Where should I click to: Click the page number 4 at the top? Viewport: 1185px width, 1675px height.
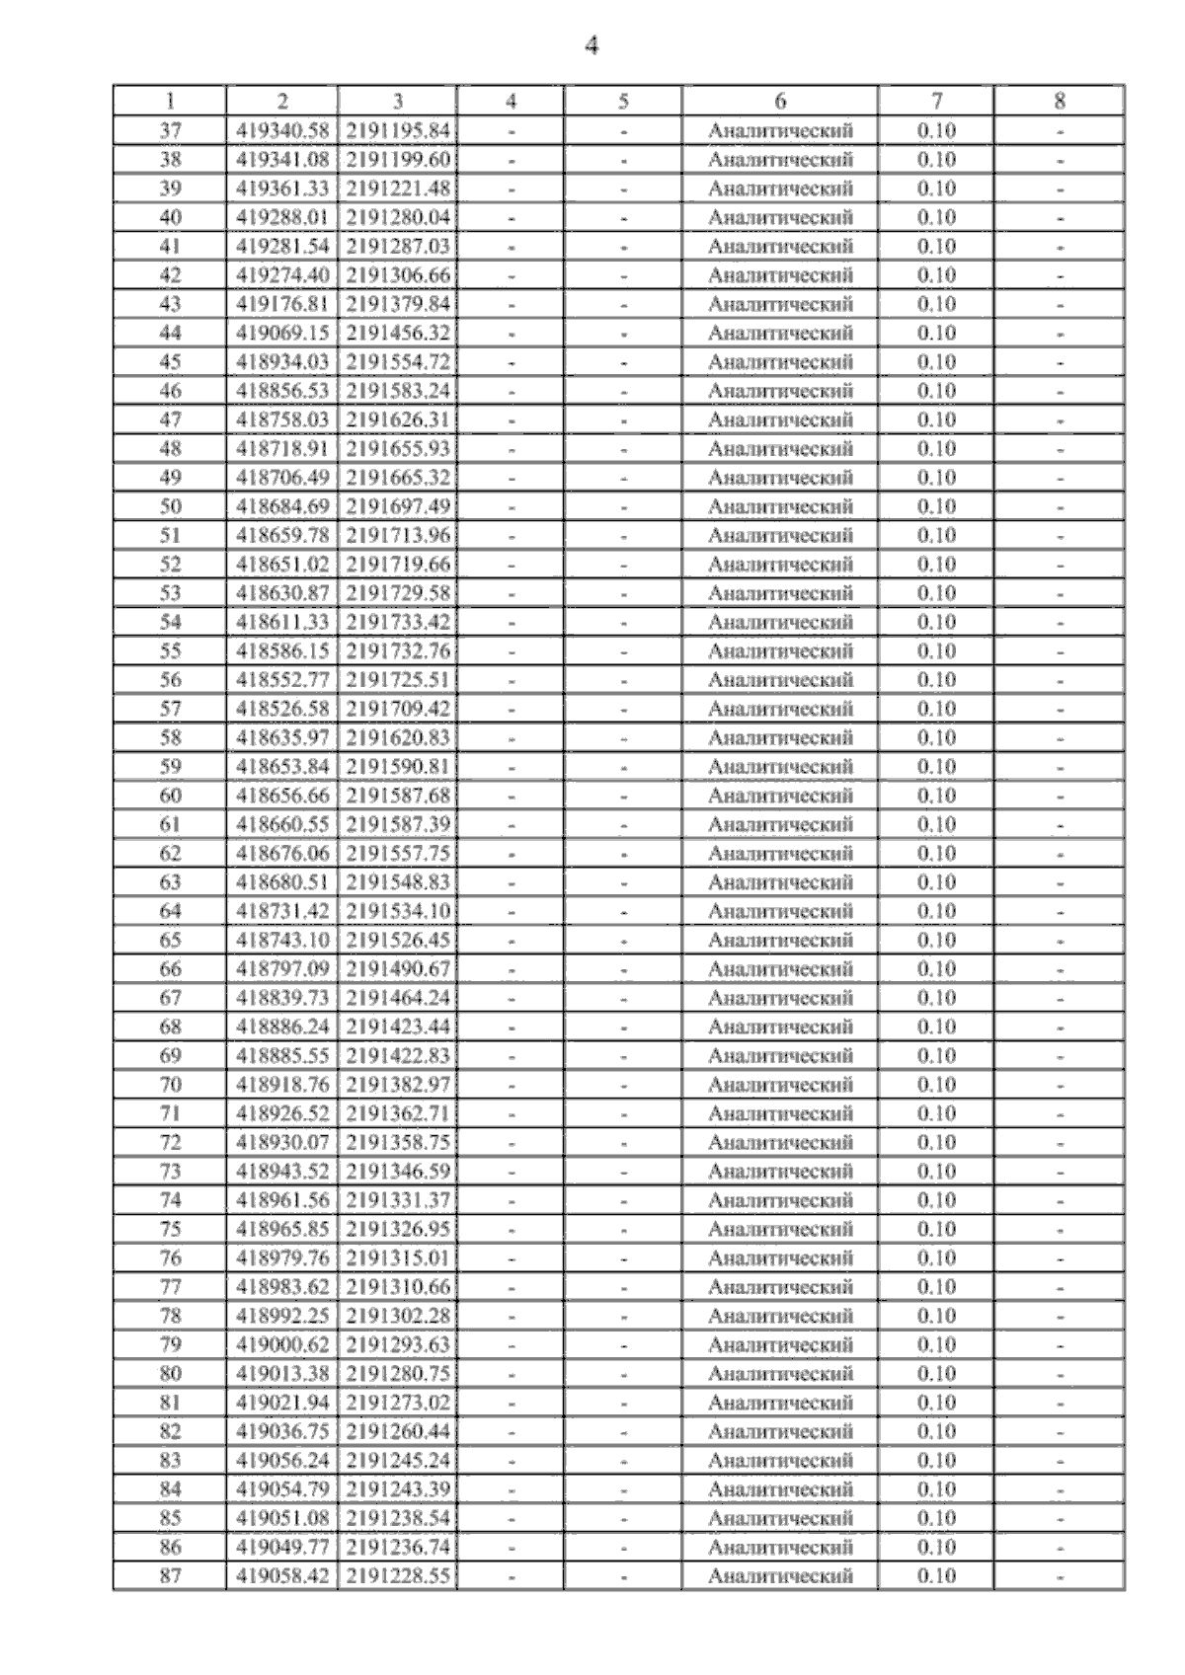click(x=592, y=46)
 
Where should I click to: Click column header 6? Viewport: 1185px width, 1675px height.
click(x=780, y=101)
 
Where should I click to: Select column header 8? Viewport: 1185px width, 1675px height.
click(x=1060, y=101)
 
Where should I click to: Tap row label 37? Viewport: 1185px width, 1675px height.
click(x=170, y=130)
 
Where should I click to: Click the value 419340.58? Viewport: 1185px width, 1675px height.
click(x=282, y=130)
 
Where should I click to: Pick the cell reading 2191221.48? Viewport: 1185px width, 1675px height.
click(x=397, y=189)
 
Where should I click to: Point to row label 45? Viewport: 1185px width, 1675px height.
click(x=170, y=361)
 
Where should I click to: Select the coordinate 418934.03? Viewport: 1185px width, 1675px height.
click(x=282, y=361)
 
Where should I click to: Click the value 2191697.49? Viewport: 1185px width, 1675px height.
click(x=397, y=506)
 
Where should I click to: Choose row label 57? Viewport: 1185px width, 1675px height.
click(x=170, y=709)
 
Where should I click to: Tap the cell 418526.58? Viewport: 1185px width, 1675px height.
click(x=282, y=709)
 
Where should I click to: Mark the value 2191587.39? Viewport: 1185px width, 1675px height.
click(x=397, y=824)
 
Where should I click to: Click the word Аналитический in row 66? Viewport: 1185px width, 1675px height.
click(x=780, y=969)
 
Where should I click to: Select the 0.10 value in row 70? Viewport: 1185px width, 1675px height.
click(x=936, y=1085)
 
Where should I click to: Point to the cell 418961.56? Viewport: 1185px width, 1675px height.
click(x=282, y=1200)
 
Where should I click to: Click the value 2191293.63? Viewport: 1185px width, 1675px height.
click(x=397, y=1344)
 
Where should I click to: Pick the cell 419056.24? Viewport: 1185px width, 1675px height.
click(x=282, y=1460)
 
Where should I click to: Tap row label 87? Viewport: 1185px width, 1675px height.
click(x=170, y=1576)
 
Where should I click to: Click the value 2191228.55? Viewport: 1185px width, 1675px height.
click(x=397, y=1576)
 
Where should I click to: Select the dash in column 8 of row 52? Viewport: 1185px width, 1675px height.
click(x=1060, y=565)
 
